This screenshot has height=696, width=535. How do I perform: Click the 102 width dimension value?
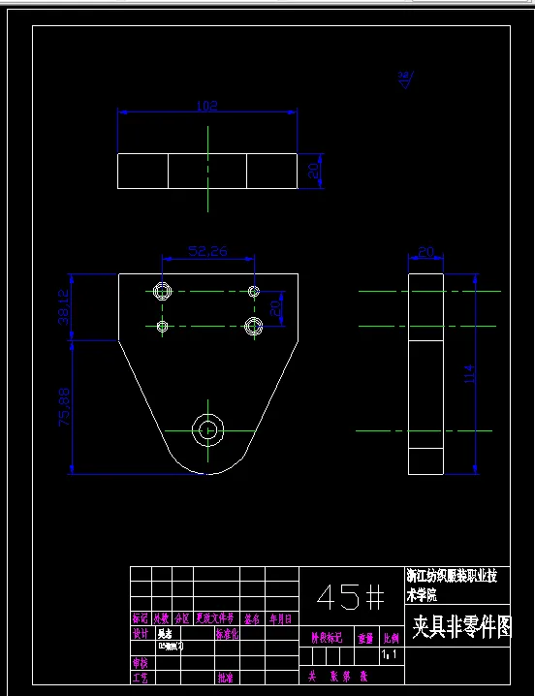206,105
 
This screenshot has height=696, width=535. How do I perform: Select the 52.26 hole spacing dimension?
208,251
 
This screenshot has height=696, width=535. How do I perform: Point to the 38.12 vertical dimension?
64,306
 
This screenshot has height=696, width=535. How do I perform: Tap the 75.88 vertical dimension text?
64,407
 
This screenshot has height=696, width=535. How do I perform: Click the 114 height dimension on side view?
470,374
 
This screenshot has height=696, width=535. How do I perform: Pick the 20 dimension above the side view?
425,252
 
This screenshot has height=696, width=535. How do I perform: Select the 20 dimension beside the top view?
314,171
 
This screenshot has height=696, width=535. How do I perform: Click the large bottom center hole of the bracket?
207,429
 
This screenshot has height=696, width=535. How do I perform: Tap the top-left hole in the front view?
162,290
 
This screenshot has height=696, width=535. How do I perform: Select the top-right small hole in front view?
254,291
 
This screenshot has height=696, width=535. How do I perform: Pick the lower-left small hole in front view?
162,327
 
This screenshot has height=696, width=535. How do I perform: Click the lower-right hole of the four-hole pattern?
254,326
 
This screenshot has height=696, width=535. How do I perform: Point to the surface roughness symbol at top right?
405,79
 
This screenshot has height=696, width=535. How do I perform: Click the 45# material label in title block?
350,596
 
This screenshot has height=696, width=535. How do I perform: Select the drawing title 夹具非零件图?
460,627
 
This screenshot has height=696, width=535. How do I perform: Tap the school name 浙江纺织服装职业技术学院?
453,585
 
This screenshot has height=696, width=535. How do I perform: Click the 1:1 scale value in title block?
389,655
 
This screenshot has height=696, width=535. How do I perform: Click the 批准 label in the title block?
226,678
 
